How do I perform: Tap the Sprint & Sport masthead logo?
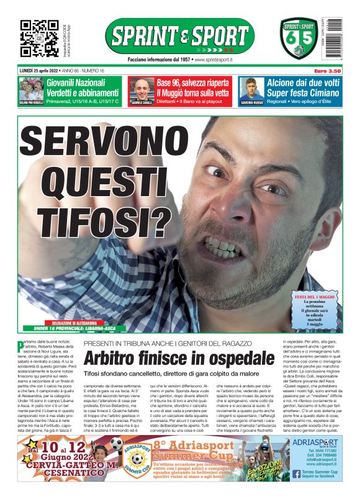[179, 35]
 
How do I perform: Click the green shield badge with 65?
[299, 38]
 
